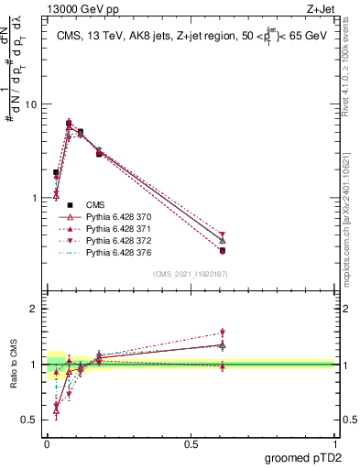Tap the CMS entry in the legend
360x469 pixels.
coord(94,204)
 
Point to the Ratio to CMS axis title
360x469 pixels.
coord(14,378)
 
